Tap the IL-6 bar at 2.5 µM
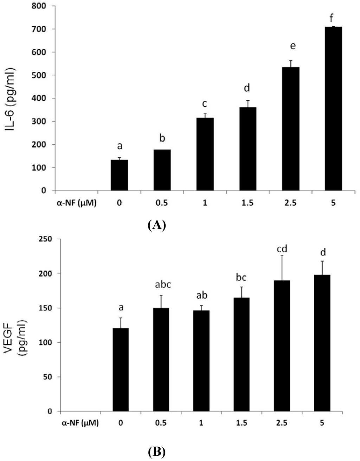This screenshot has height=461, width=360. click(290, 129)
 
